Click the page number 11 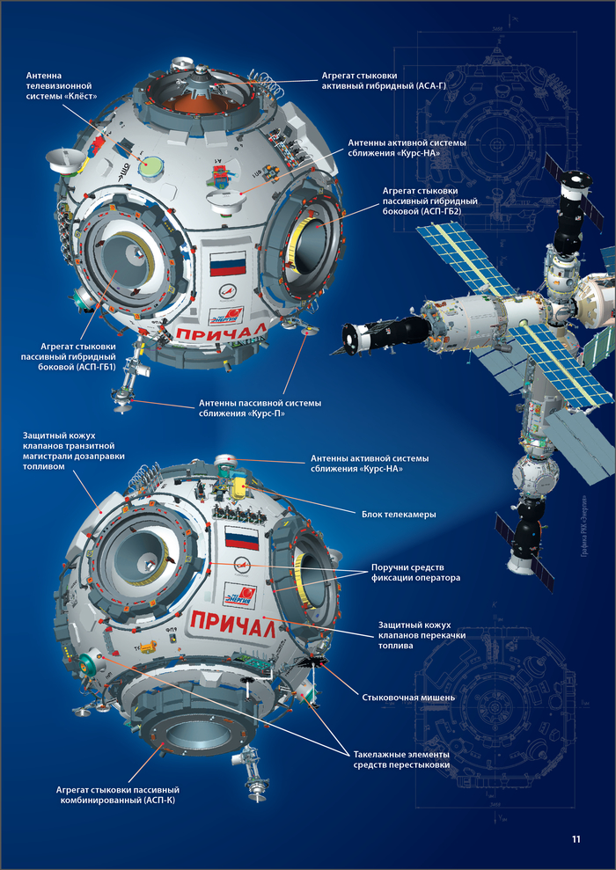pyautogui.click(x=576, y=839)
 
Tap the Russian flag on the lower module pyautogui.click(x=240, y=538)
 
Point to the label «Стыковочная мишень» pyautogui.click(x=408, y=697)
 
